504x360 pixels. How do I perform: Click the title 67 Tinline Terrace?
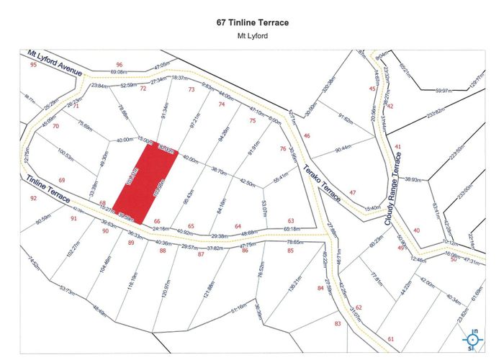click(x=252, y=22)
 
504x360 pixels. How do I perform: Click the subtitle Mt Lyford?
click(x=252, y=35)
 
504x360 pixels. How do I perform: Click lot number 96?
click(x=119, y=65)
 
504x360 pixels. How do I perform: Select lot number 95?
click(x=33, y=65)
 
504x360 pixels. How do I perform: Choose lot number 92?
click(x=33, y=198)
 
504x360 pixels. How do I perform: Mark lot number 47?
click(x=352, y=192)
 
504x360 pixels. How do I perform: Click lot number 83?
click(x=337, y=323)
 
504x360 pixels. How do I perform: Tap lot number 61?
click(x=391, y=338)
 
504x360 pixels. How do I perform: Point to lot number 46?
click(x=307, y=135)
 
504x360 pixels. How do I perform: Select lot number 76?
click(x=282, y=149)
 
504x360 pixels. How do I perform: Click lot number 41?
click(x=397, y=147)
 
